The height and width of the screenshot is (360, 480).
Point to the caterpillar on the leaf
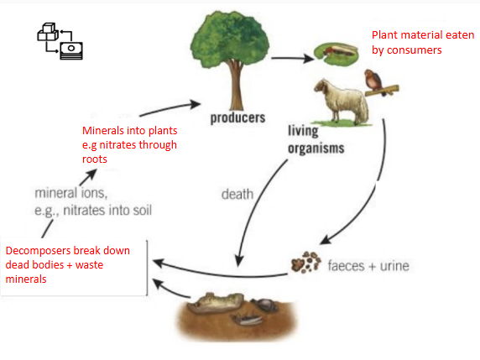(335, 52)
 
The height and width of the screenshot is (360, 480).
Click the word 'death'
(237, 195)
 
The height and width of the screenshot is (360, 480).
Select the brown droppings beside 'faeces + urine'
(305, 264)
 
